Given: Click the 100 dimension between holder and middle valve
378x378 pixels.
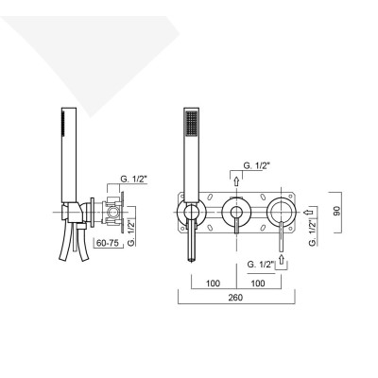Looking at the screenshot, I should tap(213, 282).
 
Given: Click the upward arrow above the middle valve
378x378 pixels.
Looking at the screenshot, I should tap(235, 180).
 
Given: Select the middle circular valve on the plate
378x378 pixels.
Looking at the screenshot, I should tap(235, 211).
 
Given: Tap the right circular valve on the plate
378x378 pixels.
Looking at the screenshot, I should tap(282, 211).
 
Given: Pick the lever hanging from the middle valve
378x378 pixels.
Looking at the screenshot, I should tap(235, 232).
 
